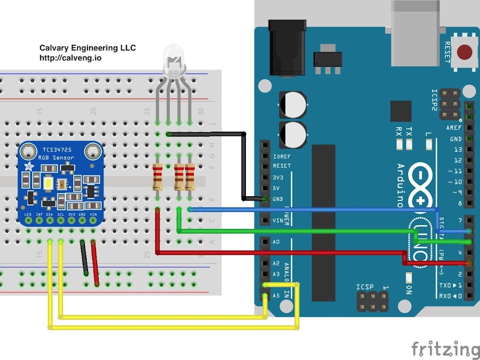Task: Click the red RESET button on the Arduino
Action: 465,52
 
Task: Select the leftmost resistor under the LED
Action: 158,177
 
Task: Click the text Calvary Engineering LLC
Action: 87,48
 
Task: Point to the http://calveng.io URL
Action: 70,58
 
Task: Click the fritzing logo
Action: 445,349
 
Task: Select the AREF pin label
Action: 454,128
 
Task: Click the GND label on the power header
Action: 277,198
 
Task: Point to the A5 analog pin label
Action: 276,295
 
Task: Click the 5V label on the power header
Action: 276,188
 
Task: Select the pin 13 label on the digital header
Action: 457,150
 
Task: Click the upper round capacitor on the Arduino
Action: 292,105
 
